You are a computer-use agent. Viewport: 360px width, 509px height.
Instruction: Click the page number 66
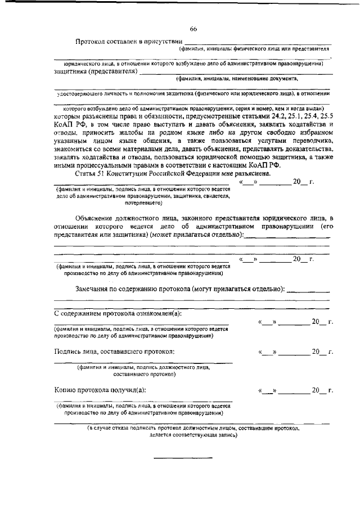click(x=193, y=29)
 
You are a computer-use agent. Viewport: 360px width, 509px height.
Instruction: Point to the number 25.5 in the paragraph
click(x=325, y=115)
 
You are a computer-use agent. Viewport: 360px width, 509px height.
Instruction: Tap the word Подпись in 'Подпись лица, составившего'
click(x=68, y=352)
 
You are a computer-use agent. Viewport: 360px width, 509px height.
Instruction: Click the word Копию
click(x=65, y=390)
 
